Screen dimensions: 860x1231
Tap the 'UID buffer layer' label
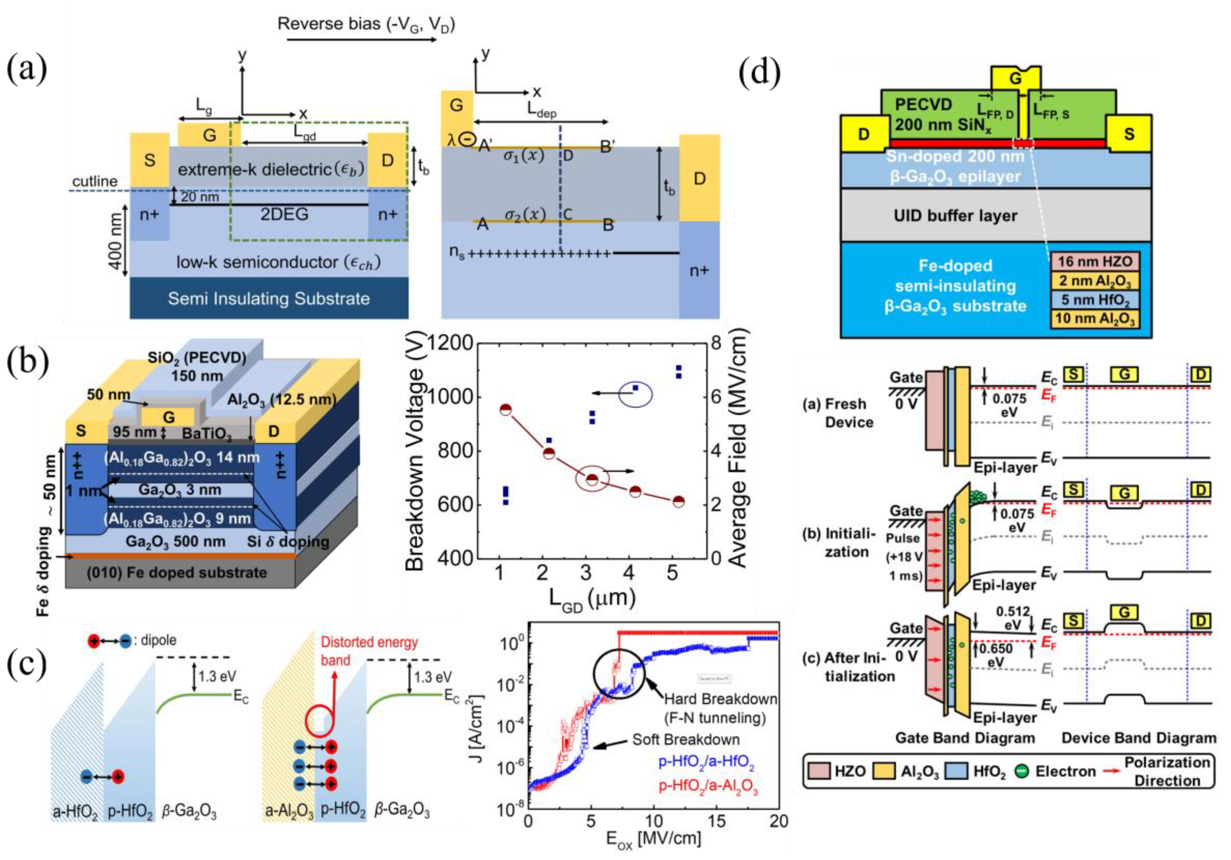(x=955, y=215)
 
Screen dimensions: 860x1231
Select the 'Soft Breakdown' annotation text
(x=685, y=740)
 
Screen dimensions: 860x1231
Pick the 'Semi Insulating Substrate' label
(x=269, y=298)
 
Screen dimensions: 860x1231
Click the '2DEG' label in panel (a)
(x=284, y=214)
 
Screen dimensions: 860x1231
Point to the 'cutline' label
(x=95, y=181)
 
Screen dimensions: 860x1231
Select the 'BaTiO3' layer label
(x=207, y=433)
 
